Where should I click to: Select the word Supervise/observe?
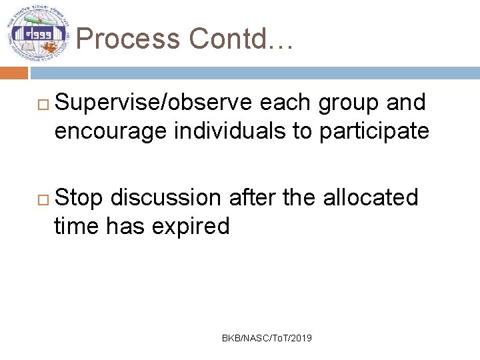coord(154,103)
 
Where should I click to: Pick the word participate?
coord(374,132)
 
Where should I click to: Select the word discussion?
coord(165,198)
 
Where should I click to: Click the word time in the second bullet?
coord(77,226)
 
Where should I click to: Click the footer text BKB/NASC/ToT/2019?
coord(267,339)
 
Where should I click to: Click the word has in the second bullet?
coord(125,226)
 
